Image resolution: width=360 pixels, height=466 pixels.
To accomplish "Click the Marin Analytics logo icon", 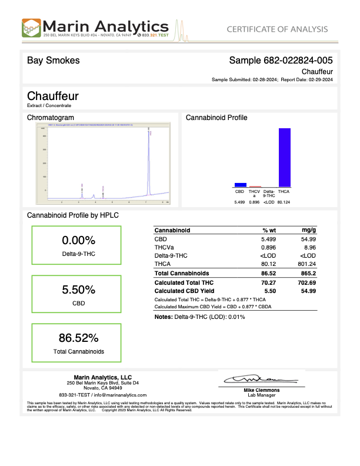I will click(x=32, y=28).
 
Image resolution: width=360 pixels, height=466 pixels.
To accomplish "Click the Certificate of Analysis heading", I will click(x=276, y=29).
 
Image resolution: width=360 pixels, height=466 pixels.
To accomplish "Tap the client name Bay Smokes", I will click(x=54, y=61).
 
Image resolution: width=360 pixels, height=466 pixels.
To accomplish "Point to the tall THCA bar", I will click(x=284, y=157).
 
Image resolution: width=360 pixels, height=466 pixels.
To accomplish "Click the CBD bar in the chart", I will click(x=240, y=185).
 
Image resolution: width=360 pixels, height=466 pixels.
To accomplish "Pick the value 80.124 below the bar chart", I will click(x=284, y=202).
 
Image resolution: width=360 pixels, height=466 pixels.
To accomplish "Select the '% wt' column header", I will click(x=269, y=230).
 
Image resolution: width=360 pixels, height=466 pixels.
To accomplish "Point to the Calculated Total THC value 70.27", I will click(x=268, y=282).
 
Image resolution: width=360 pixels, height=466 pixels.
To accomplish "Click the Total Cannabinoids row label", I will click(x=181, y=274).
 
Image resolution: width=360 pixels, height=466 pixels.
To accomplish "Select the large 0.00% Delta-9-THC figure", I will click(x=78, y=241).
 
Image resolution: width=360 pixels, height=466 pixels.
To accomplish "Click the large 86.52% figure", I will click(x=78, y=338).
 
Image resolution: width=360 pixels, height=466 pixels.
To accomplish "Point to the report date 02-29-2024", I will click(x=321, y=79).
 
